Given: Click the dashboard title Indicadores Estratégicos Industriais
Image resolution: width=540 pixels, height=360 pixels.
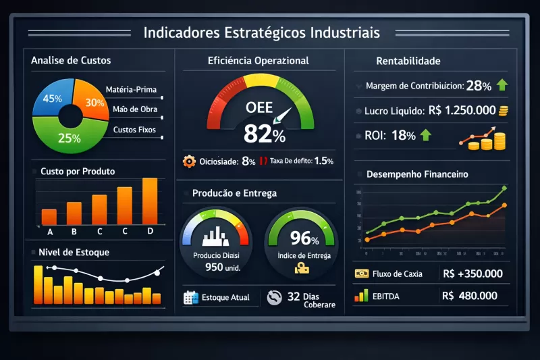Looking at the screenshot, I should [x=262, y=32].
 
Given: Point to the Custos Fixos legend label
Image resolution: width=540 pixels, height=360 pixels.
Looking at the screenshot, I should [x=134, y=129].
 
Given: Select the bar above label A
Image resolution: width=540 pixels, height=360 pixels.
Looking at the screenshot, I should [x=49, y=216].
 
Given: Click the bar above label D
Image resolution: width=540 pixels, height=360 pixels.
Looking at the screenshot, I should [x=150, y=201].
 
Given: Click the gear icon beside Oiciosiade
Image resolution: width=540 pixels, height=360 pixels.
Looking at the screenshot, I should [x=189, y=161].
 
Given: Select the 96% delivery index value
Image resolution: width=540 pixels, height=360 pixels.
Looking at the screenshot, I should [x=300, y=238].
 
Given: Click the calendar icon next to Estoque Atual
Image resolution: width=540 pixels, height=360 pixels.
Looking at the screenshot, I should [x=190, y=297].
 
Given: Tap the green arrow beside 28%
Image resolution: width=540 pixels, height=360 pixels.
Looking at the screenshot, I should [x=502, y=86].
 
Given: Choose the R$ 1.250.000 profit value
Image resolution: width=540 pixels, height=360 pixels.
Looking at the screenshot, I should [x=462, y=110].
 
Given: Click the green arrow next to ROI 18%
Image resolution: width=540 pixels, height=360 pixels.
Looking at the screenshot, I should [x=425, y=135].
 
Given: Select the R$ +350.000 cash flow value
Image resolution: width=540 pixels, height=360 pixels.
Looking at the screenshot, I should [x=473, y=274].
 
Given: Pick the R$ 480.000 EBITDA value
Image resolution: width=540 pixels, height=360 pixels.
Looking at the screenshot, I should [x=470, y=296].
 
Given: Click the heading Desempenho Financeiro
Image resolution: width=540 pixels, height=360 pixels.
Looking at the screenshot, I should [x=417, y=174].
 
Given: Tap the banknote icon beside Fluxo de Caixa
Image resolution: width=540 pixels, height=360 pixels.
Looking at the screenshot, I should [x=360, y=274].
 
